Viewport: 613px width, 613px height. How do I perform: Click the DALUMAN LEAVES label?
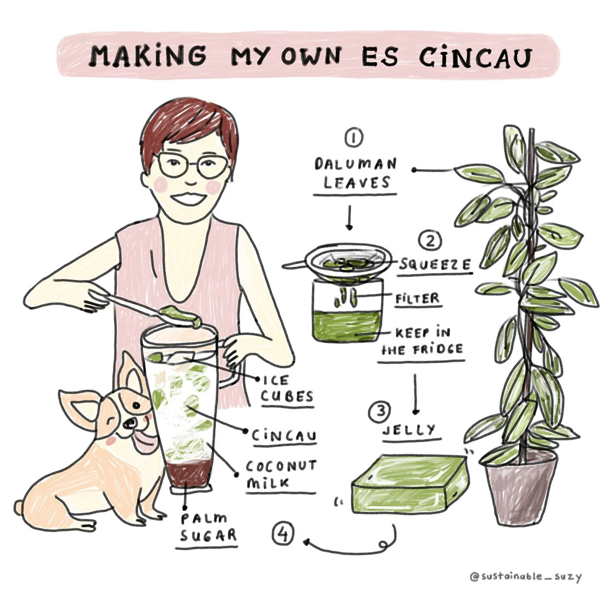point(356,173)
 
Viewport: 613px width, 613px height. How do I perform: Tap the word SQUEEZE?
point(435,265)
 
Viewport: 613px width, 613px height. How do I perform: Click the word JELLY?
point(409,430)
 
